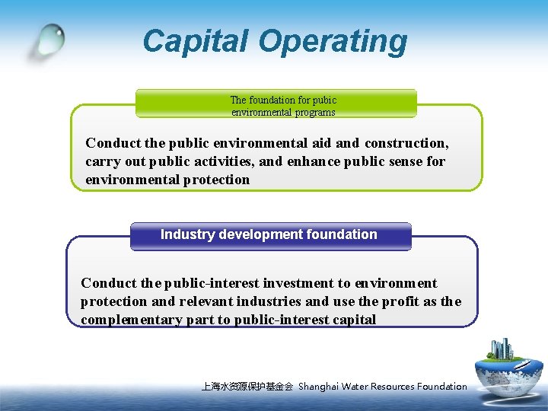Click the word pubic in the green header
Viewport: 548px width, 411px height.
pos(324,100)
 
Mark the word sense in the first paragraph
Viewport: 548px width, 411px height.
pos(404,161)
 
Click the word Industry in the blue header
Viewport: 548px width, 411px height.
pos(187,234)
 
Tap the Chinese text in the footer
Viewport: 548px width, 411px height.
pos(247,387)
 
